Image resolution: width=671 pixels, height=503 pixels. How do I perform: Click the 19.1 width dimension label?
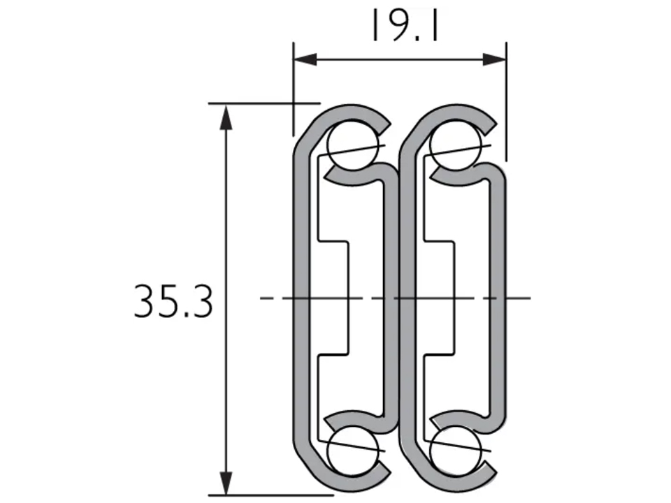pos(405,26)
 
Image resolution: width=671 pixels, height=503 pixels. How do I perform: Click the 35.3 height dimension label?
pos(173,302)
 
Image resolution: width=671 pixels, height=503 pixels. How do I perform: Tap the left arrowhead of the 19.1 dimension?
pos(305,60)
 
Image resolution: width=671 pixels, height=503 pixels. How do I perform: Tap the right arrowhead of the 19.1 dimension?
pos(495,60)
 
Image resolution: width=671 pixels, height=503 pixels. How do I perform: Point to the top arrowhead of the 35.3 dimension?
pos(226,117)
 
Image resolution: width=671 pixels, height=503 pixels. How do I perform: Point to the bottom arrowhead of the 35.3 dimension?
pos(226,483)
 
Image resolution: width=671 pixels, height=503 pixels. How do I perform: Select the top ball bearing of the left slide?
pos(352,146)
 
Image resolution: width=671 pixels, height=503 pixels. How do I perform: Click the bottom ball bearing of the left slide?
pos(352,452)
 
